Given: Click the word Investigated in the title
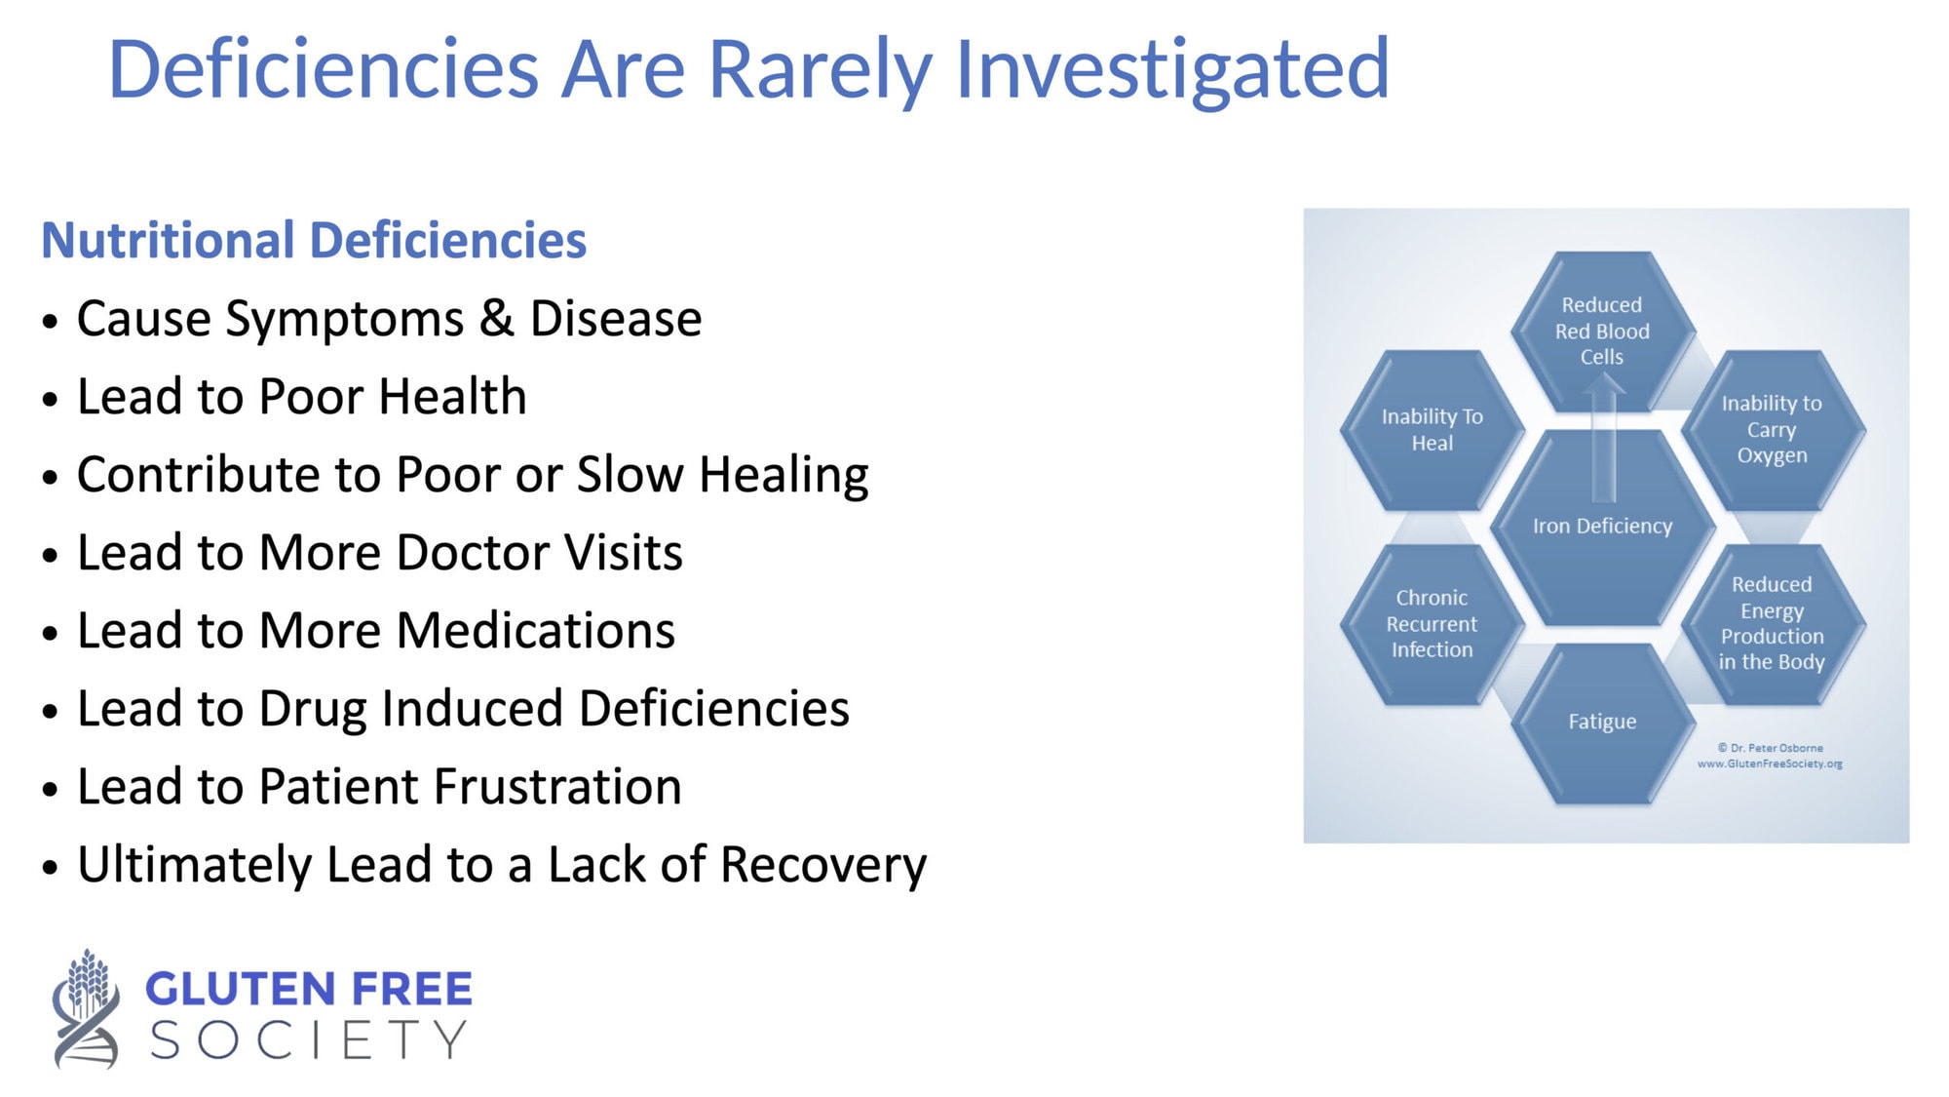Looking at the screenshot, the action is coord(1172,70).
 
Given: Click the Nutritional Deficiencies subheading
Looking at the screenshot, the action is coord(314,240).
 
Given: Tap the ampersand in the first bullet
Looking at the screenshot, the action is coord(497,318).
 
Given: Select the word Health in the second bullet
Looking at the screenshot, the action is coord(452,396).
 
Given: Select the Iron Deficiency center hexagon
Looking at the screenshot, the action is coord(1602,528).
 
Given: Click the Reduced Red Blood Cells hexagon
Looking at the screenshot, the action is coord(1602,332).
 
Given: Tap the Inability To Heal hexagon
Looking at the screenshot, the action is coord(1432,430).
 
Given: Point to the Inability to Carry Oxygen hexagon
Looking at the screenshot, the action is coord(1773,430).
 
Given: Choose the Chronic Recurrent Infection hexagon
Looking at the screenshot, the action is coord(1432,624).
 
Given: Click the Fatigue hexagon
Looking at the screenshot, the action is coord(1602,723).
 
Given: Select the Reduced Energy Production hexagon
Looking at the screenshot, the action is coord(1773,624).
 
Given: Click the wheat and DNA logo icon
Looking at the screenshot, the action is coord(86,1009).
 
